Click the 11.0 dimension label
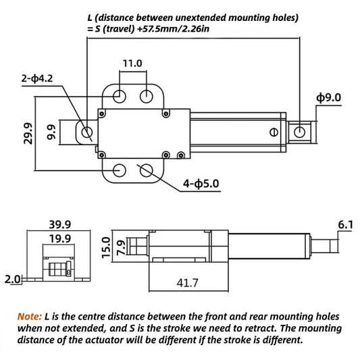(132, 63)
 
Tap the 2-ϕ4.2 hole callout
(37, 78)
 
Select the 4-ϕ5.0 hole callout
(201, 184)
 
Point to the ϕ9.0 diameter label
(328, 98)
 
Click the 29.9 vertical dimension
(28, 133)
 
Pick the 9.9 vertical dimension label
(51, 132)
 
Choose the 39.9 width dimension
(60, 224)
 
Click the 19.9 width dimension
(60, 239)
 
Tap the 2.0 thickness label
(12, 279)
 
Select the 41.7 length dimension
(187, 282)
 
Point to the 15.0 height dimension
(106, 247)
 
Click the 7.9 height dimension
(121, 248)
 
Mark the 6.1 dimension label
(345, 225)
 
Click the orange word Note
(30, 317)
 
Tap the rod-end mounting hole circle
(299, 132)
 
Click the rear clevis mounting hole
(86, 132)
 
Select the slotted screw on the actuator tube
(274, 132)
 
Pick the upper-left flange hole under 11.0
(120, 96)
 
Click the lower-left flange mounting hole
(120, 170)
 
